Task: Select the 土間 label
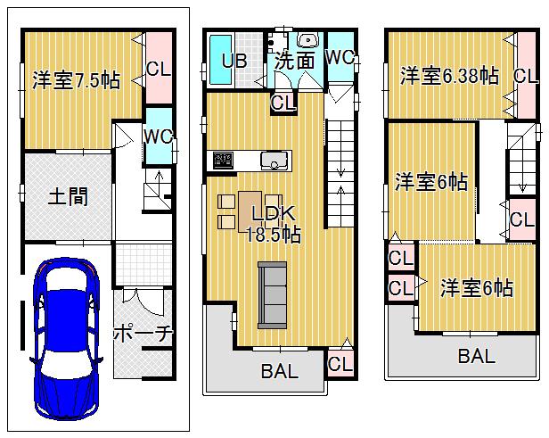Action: click(x=67, y=195)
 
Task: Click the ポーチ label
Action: click(x=143, y=334)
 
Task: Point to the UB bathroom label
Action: click(x=234, y=62)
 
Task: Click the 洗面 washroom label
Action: click(x=293, y=62)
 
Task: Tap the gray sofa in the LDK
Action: click(x=272, y=293)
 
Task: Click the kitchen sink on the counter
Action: click(x=274, y=161)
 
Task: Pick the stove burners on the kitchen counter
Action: click(x=222, y=161)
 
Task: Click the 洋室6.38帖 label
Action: click(x=448, y=77)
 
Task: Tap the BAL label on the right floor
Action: click(x=477, y=357)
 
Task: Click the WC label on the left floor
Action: click(x=158, y=136)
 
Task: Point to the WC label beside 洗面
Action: click(x=340, y=57)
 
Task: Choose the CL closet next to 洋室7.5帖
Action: click(x=159, y=68)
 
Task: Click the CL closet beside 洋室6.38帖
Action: click(x=524, y=77)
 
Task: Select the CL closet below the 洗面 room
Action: click(x=283, y=103)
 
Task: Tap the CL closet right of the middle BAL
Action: click(x=340, y=363)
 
